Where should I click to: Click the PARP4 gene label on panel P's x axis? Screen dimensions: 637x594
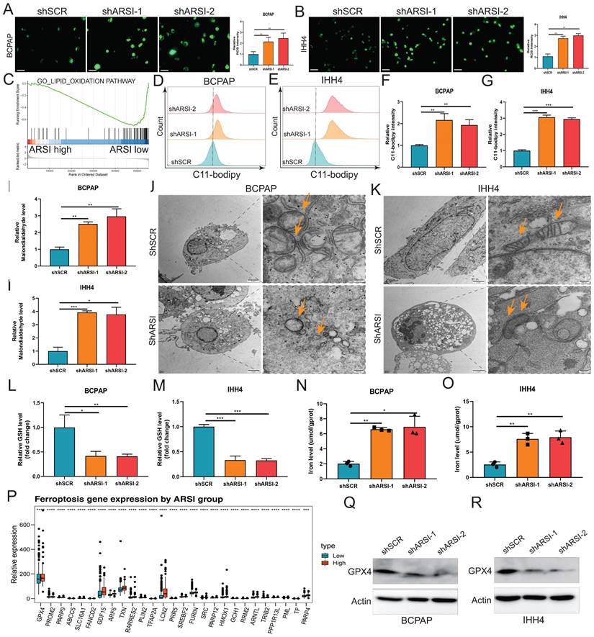coord(307,617)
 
